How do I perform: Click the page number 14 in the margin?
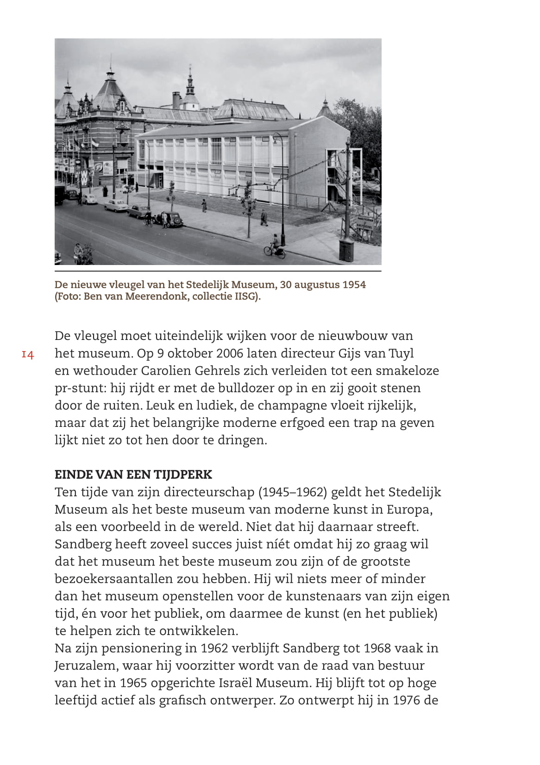[x=28, y=355]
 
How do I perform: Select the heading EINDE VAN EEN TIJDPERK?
[x=133, y=475]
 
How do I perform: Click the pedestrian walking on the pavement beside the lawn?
[x=264, y=217]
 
